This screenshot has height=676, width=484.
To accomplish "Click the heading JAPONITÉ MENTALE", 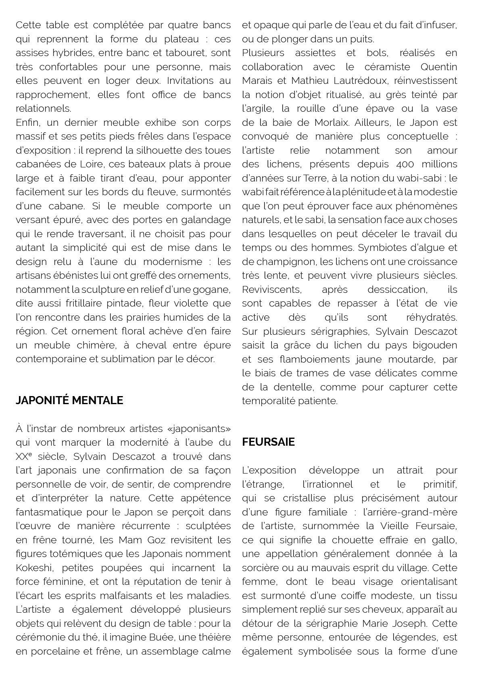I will tap(69, 400).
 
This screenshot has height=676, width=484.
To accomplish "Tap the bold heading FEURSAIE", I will tap(268, 442).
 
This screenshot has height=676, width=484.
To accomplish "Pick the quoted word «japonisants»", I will tap(200, 428).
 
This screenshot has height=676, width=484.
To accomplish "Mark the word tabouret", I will tap(181, 53).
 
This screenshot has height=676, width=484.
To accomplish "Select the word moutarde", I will tap(413, 359).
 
